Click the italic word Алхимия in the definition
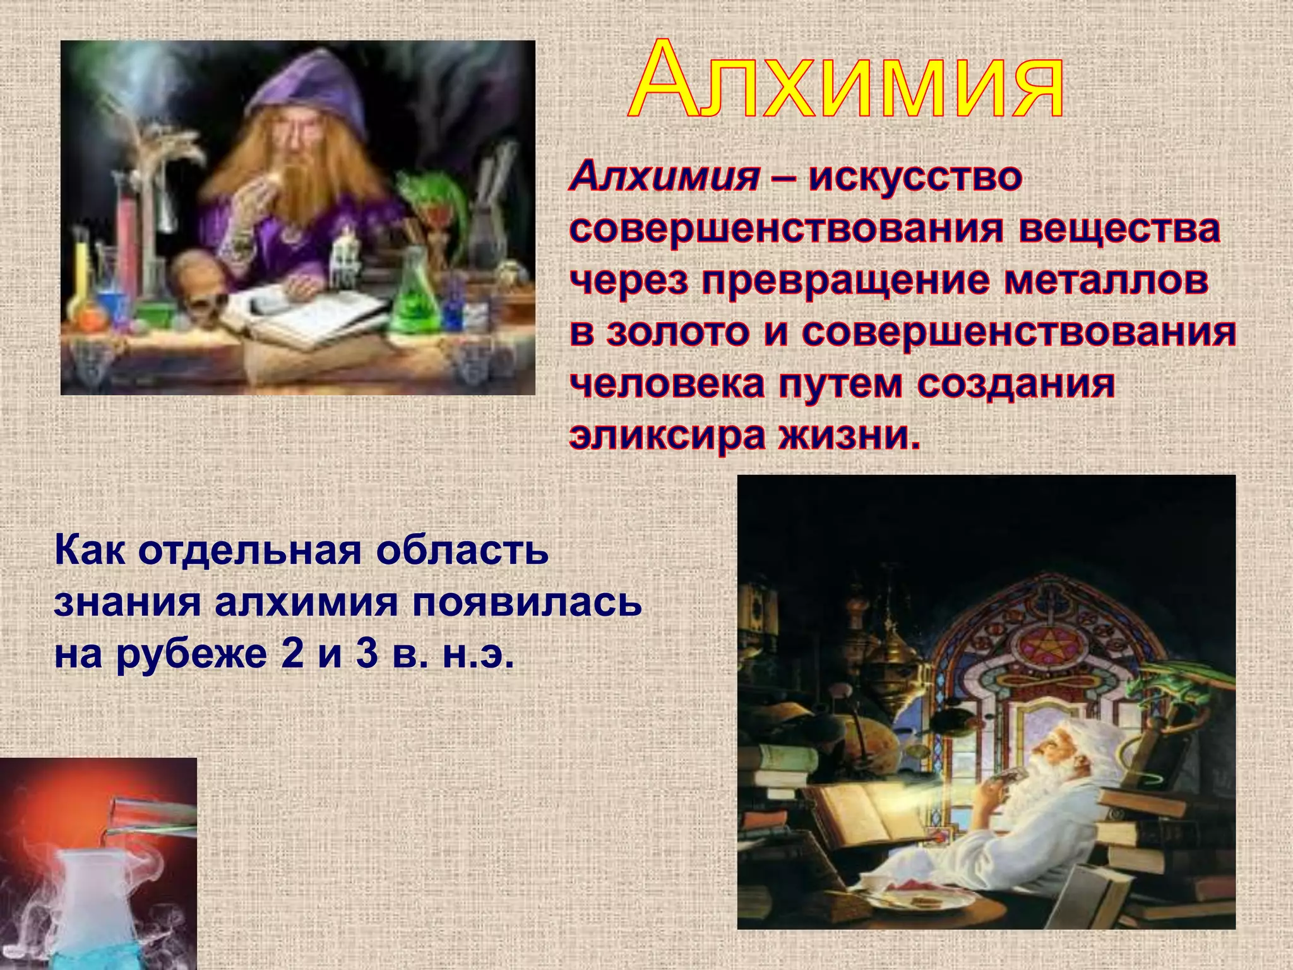665,177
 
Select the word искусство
916,177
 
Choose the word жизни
849,436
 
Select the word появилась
527,602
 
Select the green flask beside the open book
414,297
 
